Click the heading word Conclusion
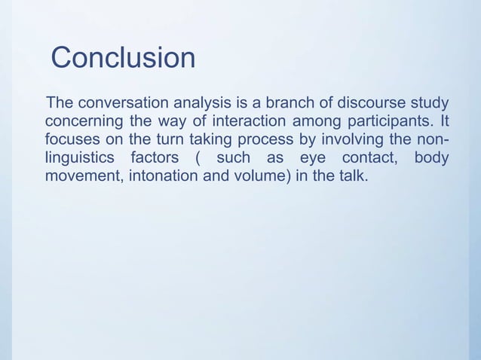tap(123, 58)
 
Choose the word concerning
tap(85, 121)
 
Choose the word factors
tap(155, 159)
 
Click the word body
tap(431, 159)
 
